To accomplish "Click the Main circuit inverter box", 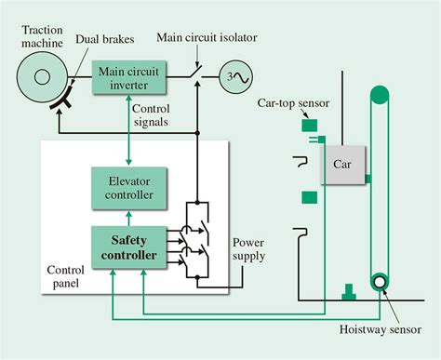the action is [129, 77].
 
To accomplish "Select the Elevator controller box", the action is [129, 188].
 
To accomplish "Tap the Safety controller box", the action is [129, 247].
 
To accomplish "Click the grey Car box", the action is [343, 165].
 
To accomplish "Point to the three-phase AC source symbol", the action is [236, 77].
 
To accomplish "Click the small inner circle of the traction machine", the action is [42, 77].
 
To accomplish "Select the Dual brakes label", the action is [105, 39].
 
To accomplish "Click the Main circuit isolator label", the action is [207, 37].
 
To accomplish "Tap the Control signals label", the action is [151, 115].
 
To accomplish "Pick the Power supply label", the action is [249, 249].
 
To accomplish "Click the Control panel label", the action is [65, 276].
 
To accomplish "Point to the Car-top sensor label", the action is [293, 103].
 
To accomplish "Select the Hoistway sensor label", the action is [381, 329].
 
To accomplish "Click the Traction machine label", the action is [42, 36].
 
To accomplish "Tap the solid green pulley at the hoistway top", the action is [380, 95].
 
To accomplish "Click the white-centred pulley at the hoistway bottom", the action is [380, 282].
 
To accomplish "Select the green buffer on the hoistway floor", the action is [349, 292].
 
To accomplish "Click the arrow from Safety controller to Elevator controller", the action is [129, 219].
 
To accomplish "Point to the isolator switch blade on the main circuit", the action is [195, 72].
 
